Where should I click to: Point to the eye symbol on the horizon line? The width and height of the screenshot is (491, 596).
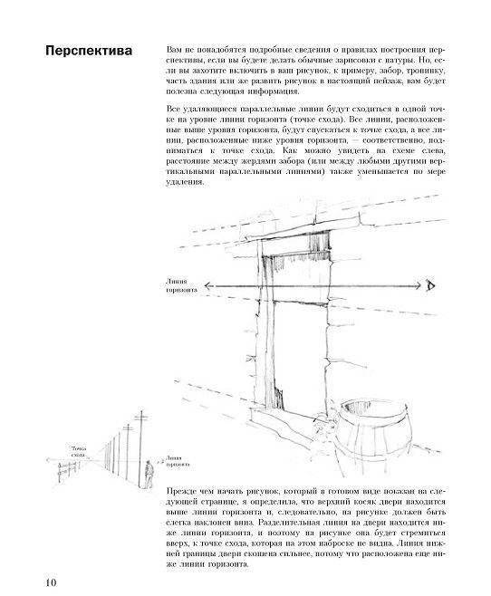pos(432,287)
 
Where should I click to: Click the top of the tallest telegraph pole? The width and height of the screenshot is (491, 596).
pos(140,415)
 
